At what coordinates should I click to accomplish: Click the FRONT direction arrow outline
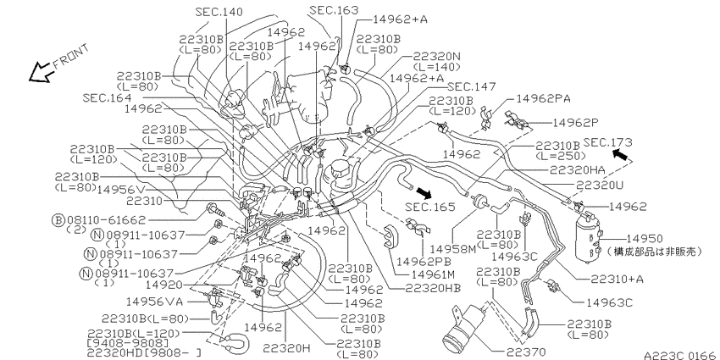coord(40,73)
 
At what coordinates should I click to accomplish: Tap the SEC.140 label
coord(219,12)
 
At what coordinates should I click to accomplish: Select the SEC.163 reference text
coord(334,10)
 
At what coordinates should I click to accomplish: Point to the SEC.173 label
coord(607,142)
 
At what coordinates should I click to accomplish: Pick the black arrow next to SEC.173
coord(621,154)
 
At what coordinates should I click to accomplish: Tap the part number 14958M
coord(453,249)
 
